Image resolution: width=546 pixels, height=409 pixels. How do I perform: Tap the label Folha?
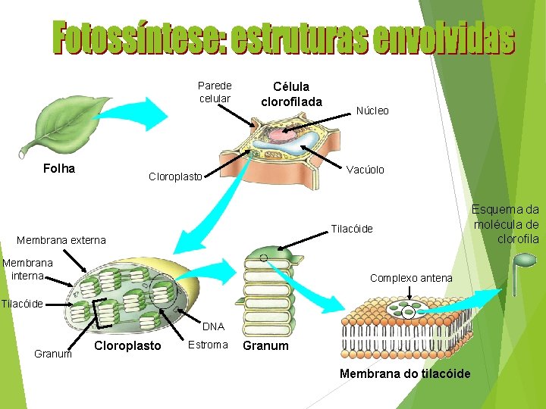59,168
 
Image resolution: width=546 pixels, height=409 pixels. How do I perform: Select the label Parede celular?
215,92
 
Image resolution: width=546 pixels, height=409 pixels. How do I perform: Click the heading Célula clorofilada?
291,94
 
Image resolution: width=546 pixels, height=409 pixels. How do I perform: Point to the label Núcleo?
372,111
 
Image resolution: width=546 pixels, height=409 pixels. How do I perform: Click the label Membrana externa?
61,241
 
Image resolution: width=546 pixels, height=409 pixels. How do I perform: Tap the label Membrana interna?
28,269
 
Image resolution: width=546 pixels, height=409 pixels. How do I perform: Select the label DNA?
213,326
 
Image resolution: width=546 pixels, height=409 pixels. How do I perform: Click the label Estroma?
207,345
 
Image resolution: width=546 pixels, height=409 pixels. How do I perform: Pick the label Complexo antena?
411,278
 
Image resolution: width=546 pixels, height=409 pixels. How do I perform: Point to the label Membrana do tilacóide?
405,373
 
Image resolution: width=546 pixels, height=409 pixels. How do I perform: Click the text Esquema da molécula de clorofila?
506,223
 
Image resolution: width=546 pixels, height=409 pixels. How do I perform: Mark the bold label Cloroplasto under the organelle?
127,345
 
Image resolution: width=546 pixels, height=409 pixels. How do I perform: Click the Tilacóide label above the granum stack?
352,229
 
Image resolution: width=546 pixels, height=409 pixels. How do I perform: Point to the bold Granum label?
265,345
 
